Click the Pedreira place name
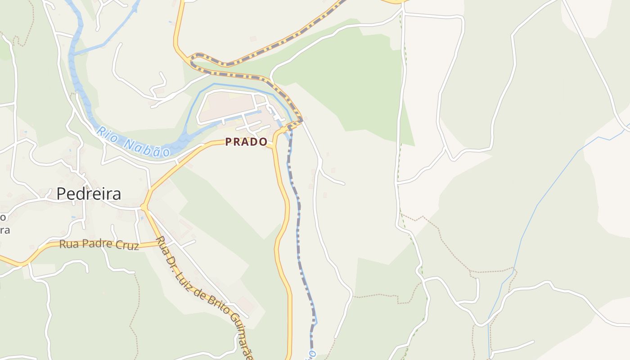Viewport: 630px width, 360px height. pos(89,193)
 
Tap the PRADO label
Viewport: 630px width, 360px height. pos(246,142)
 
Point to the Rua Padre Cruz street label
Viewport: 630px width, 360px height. pos(99,244)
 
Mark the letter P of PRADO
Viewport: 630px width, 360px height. pos(228,142)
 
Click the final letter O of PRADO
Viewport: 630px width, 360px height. pos(264,142)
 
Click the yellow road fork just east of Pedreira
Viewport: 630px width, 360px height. pos(144,207)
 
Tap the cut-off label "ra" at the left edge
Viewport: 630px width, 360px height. pos(4,230)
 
